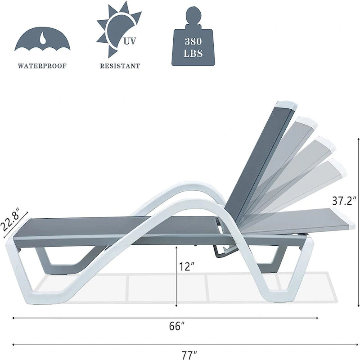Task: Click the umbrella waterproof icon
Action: [x=42, y=40]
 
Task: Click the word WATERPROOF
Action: [x=42, y=66]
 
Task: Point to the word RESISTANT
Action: [x=120, y=66]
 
